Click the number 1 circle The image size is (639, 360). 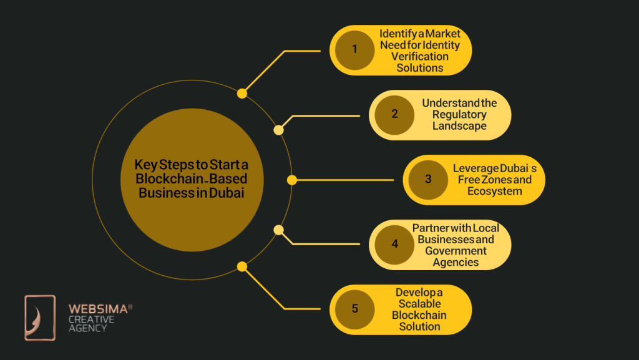pos(354,50)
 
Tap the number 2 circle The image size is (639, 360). pos(394,115)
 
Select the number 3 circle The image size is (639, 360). pos(428,180)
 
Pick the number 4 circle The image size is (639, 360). pos(394,244)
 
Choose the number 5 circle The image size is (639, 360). pos(354,309)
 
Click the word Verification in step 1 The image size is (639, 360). pos(420,56)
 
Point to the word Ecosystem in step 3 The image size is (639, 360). pos(494,191)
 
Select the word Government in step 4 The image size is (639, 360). pos(456,250)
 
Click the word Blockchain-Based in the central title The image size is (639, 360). pos(191,179)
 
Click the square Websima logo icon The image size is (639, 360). pos(40,318)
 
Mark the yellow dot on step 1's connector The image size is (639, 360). pos(242,94)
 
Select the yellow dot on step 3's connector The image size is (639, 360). pos(291,180)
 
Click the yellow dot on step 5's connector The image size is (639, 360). pos(242,266)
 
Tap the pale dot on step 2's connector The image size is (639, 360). pos(279,130)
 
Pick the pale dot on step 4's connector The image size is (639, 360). pos(279,230)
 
